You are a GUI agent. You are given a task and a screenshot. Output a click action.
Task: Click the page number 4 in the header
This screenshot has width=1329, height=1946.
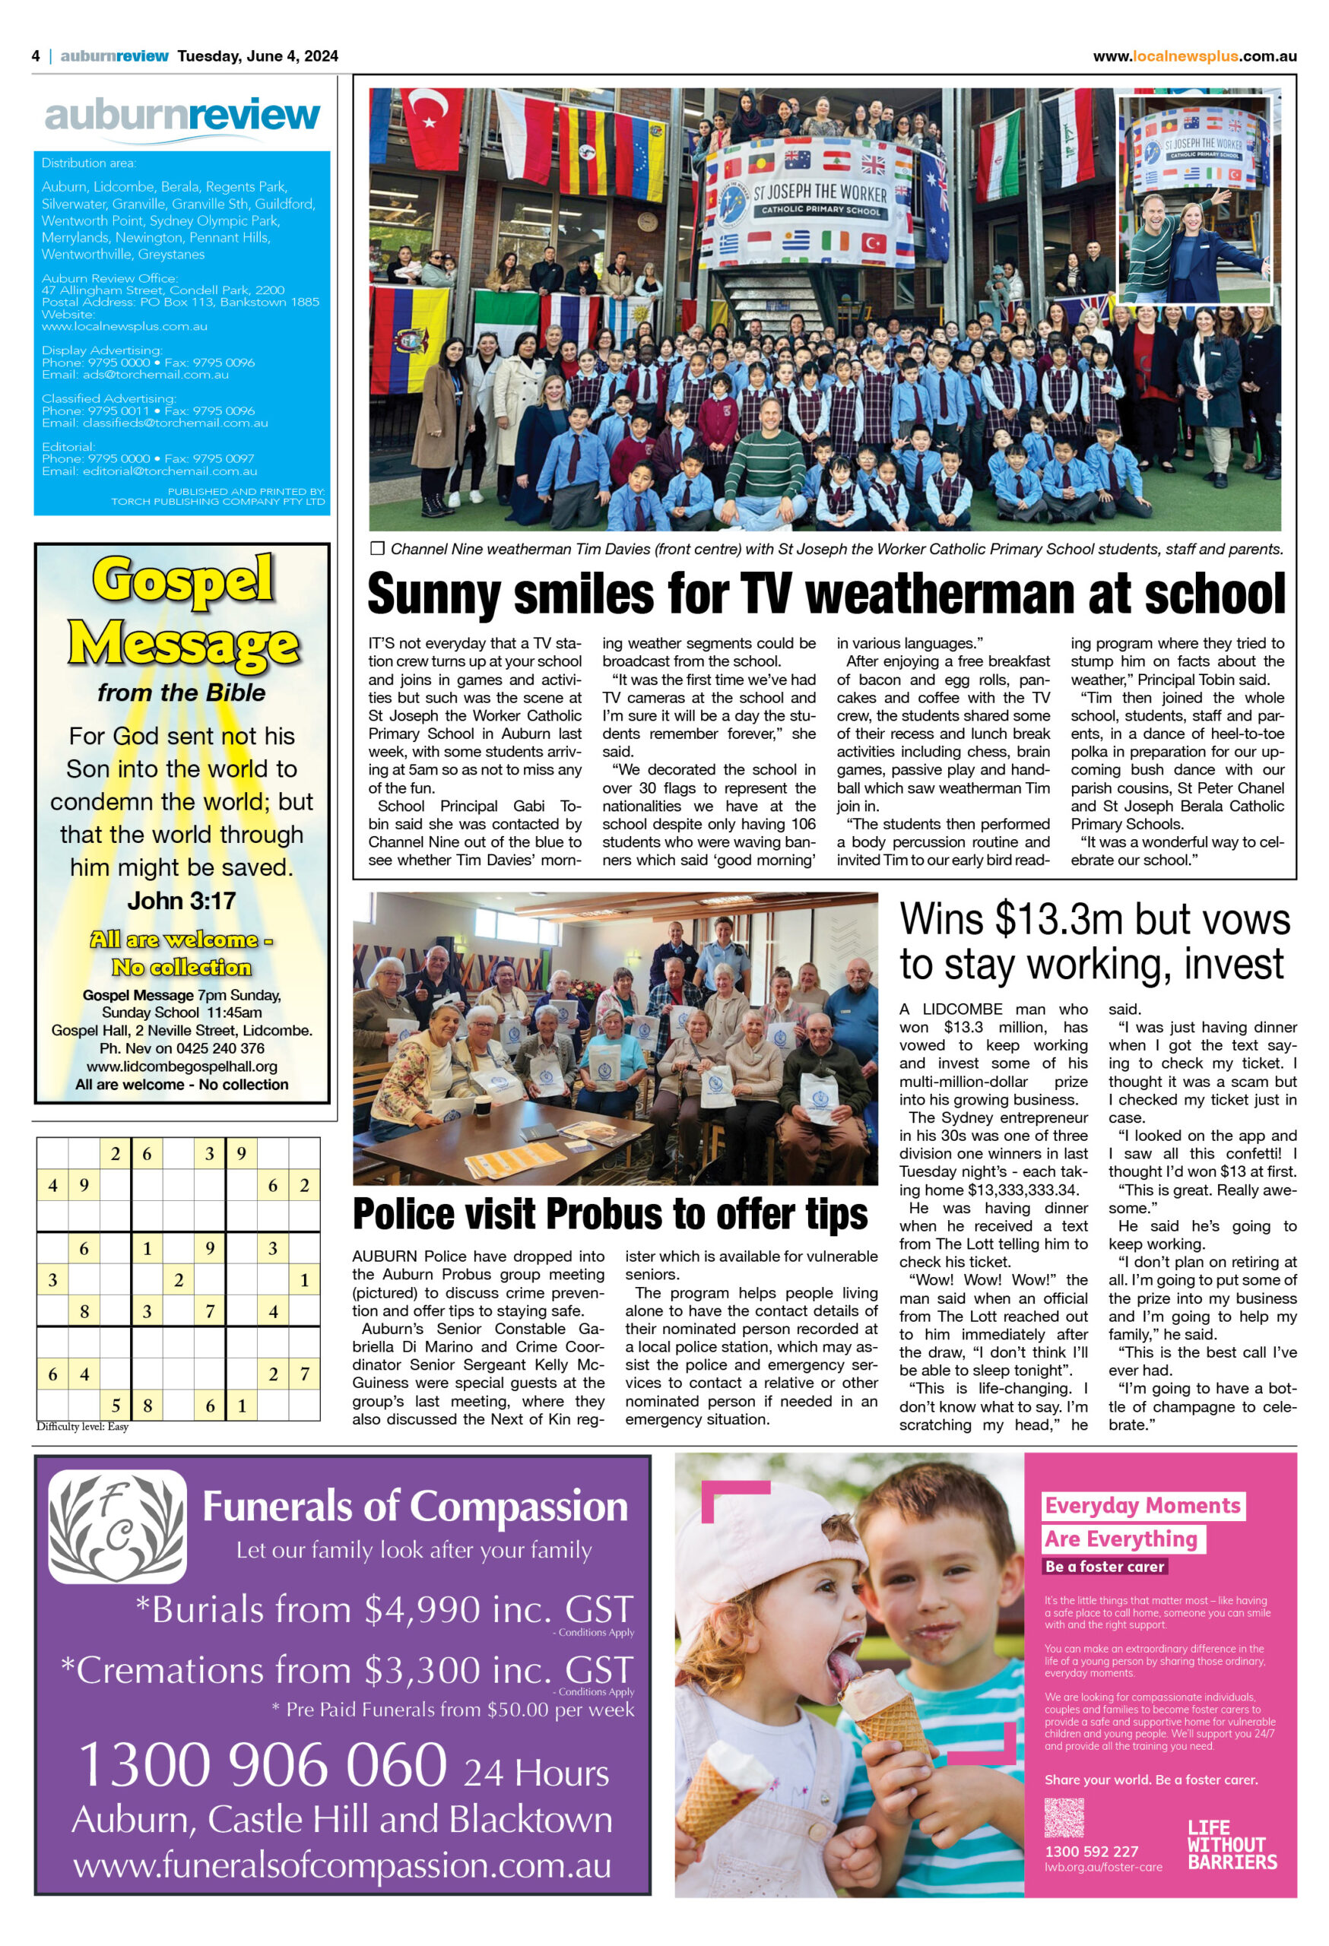pyautogui.click(x=36, y=56)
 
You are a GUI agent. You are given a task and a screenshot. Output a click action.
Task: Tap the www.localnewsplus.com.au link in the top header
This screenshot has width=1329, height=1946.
pyautogui.click(x=1194, y=56)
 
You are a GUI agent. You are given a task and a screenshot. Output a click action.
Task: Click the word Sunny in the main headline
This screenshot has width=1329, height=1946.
pyautogui.click(x=435, y=594)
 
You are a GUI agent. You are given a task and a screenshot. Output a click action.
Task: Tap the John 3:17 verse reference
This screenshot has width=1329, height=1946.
pyautogui.click(x=182, y=900)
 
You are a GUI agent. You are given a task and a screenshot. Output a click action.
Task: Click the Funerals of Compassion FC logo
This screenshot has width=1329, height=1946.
pyautogui.click(x=117, y=1526)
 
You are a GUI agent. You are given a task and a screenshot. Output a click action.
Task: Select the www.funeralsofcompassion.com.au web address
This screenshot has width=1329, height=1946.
pyautogui.click(x=341, y=1865)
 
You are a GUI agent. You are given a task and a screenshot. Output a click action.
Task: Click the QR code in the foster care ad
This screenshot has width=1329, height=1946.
pyautogui.click(x=1064, y=1817)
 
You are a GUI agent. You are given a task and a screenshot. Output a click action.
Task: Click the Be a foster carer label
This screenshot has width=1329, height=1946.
pyautogui.click(x=1104, y=1566)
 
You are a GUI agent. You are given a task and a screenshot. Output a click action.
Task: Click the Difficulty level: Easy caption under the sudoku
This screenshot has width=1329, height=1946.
pyautogui.click(x=82, y=1427)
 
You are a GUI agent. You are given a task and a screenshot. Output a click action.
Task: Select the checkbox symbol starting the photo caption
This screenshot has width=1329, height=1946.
pyautogui.click(x=377, y=549)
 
